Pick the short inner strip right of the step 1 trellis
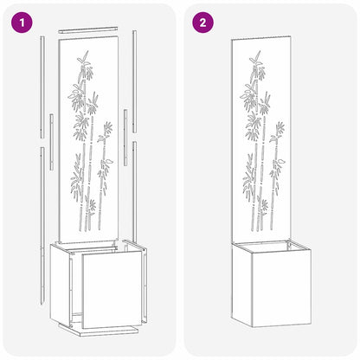tap(125, 136)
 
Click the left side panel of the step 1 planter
tap(61, 277)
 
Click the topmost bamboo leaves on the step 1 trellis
tap(84, 59)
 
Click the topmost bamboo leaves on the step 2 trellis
tap(256, 59)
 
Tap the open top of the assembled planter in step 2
tap(268, 249)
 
